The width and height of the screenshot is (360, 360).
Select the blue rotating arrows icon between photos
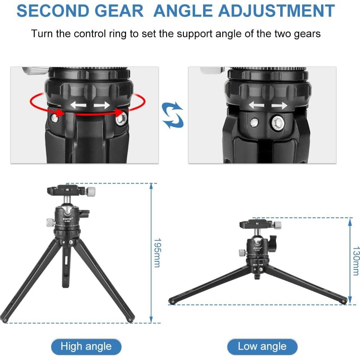[173, 115]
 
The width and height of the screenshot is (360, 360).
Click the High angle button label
[86, 347]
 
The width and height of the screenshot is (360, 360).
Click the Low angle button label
[262, 347]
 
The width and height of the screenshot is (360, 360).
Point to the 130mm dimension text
[355, 261]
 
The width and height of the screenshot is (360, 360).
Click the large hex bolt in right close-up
[277, 123]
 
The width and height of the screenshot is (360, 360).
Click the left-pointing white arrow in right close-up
[256, 105]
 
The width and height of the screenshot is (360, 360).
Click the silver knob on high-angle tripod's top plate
[91, 191]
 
